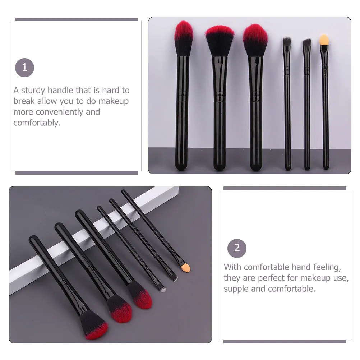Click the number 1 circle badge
(x=24, y=67)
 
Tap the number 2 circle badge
(x=237, y=248)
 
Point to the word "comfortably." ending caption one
(x=37, y=123)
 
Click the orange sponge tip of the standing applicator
(x=324, y=40)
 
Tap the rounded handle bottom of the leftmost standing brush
(x=181, y=166)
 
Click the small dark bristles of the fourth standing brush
(x=286, y=41)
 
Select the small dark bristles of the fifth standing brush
(x=306, y=43)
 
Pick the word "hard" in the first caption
(x=111, y=90)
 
